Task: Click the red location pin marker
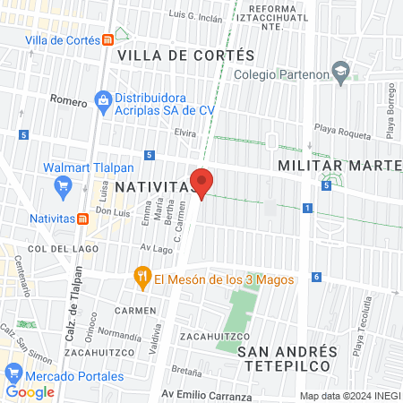[x=202, y=181]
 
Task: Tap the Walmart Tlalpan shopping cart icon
[x=63, y=185]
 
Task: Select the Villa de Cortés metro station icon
[x=108, y=39]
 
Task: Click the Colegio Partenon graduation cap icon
[x=340, y=71]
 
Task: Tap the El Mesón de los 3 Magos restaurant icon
[x=141, y=278]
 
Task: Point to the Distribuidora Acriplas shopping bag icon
[x=104, y=101]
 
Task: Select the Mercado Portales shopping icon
[x=13, y=373]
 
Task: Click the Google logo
[x=30, y=391]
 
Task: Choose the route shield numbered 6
[x=316, y=276]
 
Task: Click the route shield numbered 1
[x=307, y=208]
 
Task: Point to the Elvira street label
[x=185, y=132]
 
